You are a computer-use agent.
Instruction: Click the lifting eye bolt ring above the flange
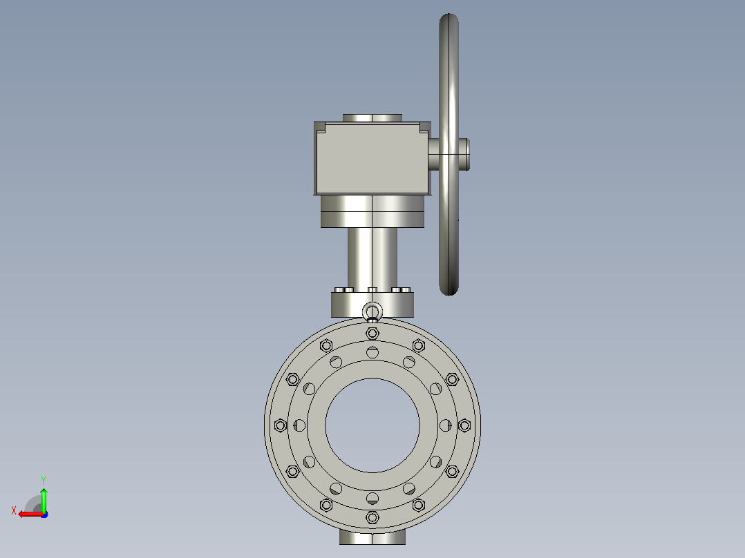[x=372, y=305]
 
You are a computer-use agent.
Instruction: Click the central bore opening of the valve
[x=372, y=425]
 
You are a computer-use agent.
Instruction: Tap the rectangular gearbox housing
[x=372, y=158]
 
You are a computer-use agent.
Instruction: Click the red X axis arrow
[x=31, y=514]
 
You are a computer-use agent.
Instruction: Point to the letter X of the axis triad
[x=14, y=510]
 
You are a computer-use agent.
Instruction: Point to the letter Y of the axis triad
[x=44, y=481]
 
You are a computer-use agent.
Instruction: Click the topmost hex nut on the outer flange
[x=372, y=334]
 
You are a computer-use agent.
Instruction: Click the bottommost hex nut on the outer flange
[x=372, y=517]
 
